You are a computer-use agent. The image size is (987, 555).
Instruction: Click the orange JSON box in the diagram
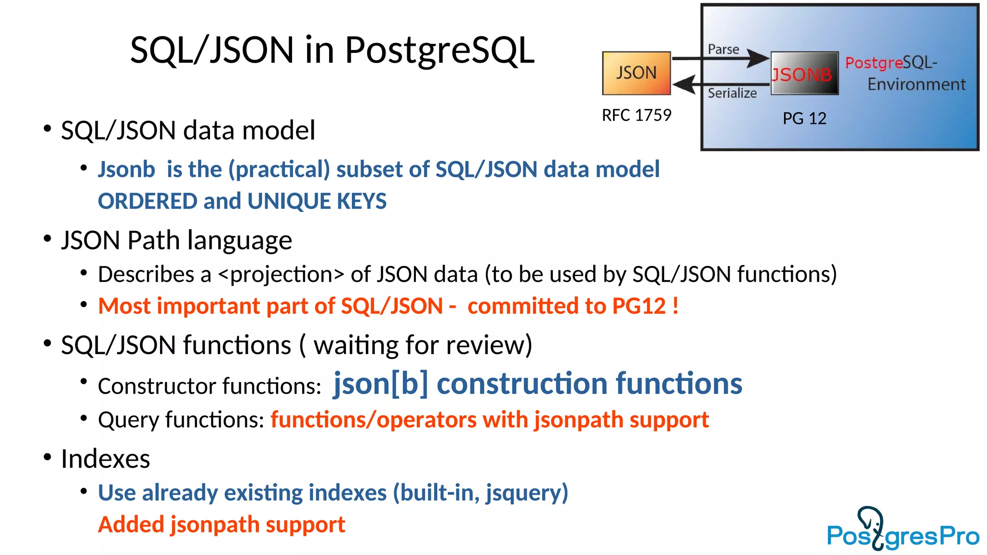click(636, 73)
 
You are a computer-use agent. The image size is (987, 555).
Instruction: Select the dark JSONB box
click(804, 74)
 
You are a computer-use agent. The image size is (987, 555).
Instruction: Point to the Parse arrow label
click(723, 50)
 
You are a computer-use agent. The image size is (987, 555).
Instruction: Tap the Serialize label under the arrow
click(732, 93)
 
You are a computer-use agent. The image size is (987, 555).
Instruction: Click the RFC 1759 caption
click(636, 115)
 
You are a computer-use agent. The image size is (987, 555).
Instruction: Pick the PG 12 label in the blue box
click(804, 119)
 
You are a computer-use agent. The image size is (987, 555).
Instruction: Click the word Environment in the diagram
click(916, 85)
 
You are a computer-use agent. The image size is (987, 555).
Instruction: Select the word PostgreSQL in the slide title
click(439, 50)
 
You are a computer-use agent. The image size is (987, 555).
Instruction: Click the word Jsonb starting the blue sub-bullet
click(126, 170)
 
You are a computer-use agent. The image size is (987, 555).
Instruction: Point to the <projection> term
click(281, 275)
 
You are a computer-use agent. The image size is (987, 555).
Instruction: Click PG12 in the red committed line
click(639, 306)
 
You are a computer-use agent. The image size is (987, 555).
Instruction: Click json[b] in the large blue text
click(380, 384)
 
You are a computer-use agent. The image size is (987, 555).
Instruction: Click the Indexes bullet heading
click(105, 459)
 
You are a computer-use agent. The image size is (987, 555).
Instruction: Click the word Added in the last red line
click(130, 525)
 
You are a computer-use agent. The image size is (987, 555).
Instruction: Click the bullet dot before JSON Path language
click(47, 238)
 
